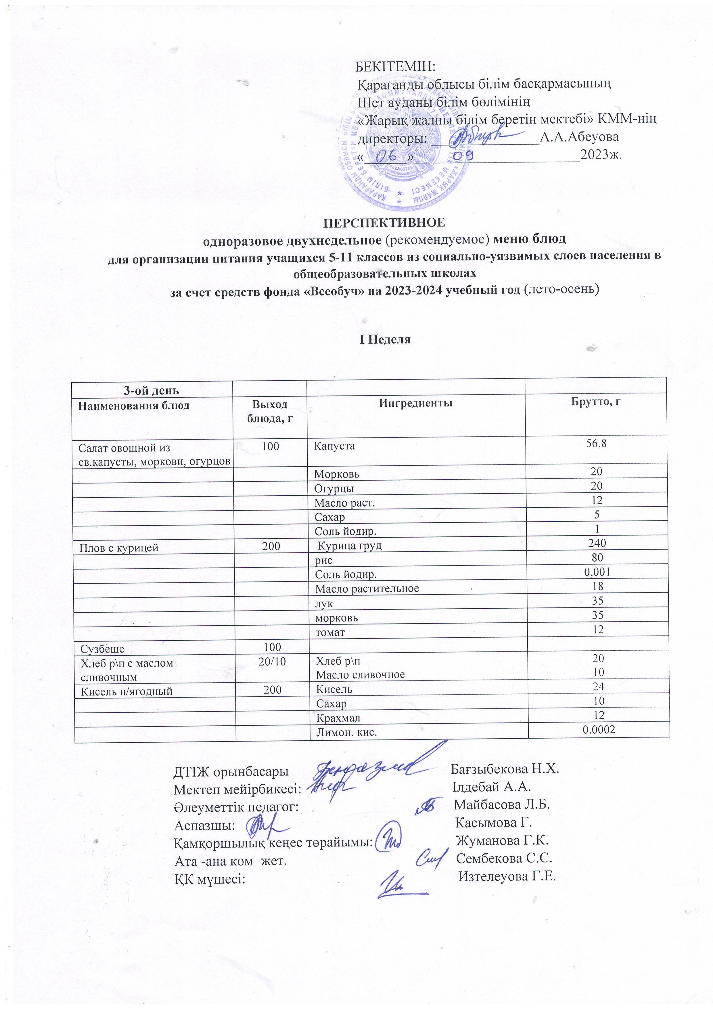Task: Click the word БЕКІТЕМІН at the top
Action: [395, 67]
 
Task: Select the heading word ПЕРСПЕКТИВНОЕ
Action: [384, 222]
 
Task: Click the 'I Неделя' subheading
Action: [385, 339]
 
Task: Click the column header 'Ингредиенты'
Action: [416, 403]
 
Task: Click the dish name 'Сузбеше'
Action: [102, 649]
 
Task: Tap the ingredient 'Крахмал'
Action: [338, 718]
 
